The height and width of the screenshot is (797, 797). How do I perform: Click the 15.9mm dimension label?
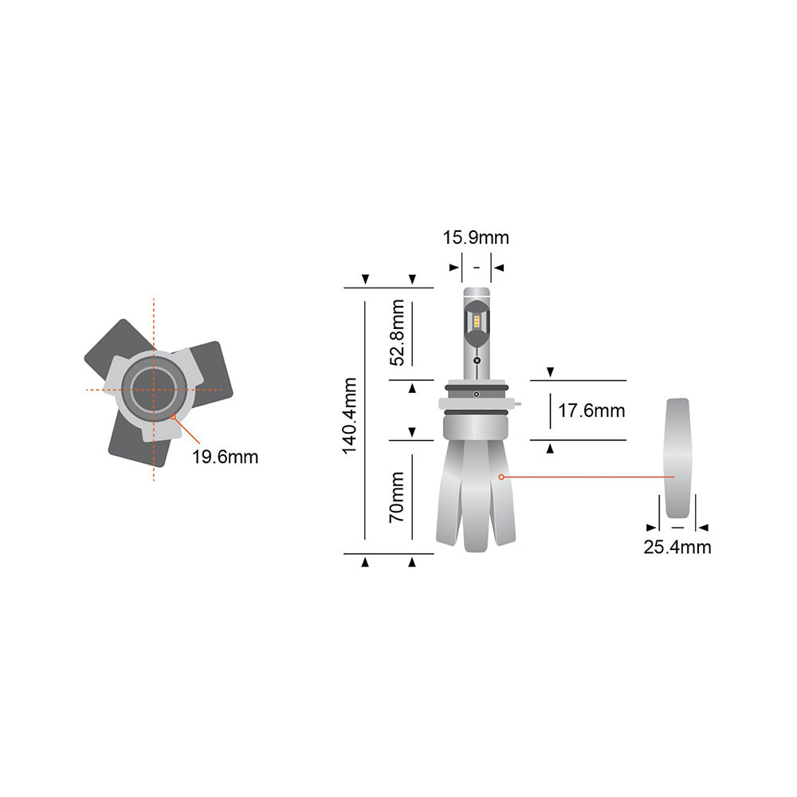(x=476, y=238)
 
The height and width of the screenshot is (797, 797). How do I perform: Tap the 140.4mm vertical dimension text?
(x=350, y=416)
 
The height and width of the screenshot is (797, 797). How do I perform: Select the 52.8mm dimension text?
(x=396, y=332)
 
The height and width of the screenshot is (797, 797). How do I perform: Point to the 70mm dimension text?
(x=396, y=497)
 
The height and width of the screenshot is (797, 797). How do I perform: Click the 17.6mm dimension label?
(x=591, y=411)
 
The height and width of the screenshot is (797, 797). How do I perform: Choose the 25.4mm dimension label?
(x=677, y=547)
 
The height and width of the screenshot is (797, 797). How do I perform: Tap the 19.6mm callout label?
(x=225, y=457)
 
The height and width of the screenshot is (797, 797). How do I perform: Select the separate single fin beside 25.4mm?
(x=677, y=457)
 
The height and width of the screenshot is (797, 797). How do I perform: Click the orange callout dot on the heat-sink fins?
(x=501, y=477)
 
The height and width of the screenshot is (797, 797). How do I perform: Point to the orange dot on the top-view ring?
(x=173, y=415)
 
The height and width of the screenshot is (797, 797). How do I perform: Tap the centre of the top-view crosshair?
(x=153, y=390)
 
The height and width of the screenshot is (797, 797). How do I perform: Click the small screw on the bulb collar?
(x=476, y=395)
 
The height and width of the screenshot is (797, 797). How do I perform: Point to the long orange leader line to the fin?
(x=590, y=477)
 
